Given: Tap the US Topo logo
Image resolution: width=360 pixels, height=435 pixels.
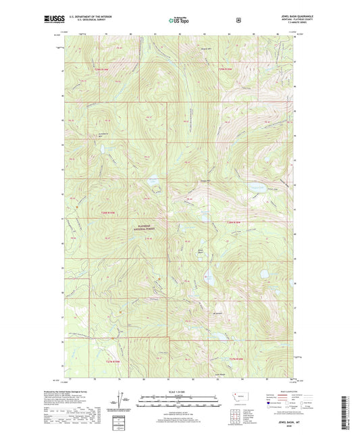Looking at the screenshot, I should (180, 21).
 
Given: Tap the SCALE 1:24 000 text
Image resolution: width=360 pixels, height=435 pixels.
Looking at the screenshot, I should (179, 392).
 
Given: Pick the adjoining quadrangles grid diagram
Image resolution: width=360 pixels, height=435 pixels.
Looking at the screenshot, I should (236, 415).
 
